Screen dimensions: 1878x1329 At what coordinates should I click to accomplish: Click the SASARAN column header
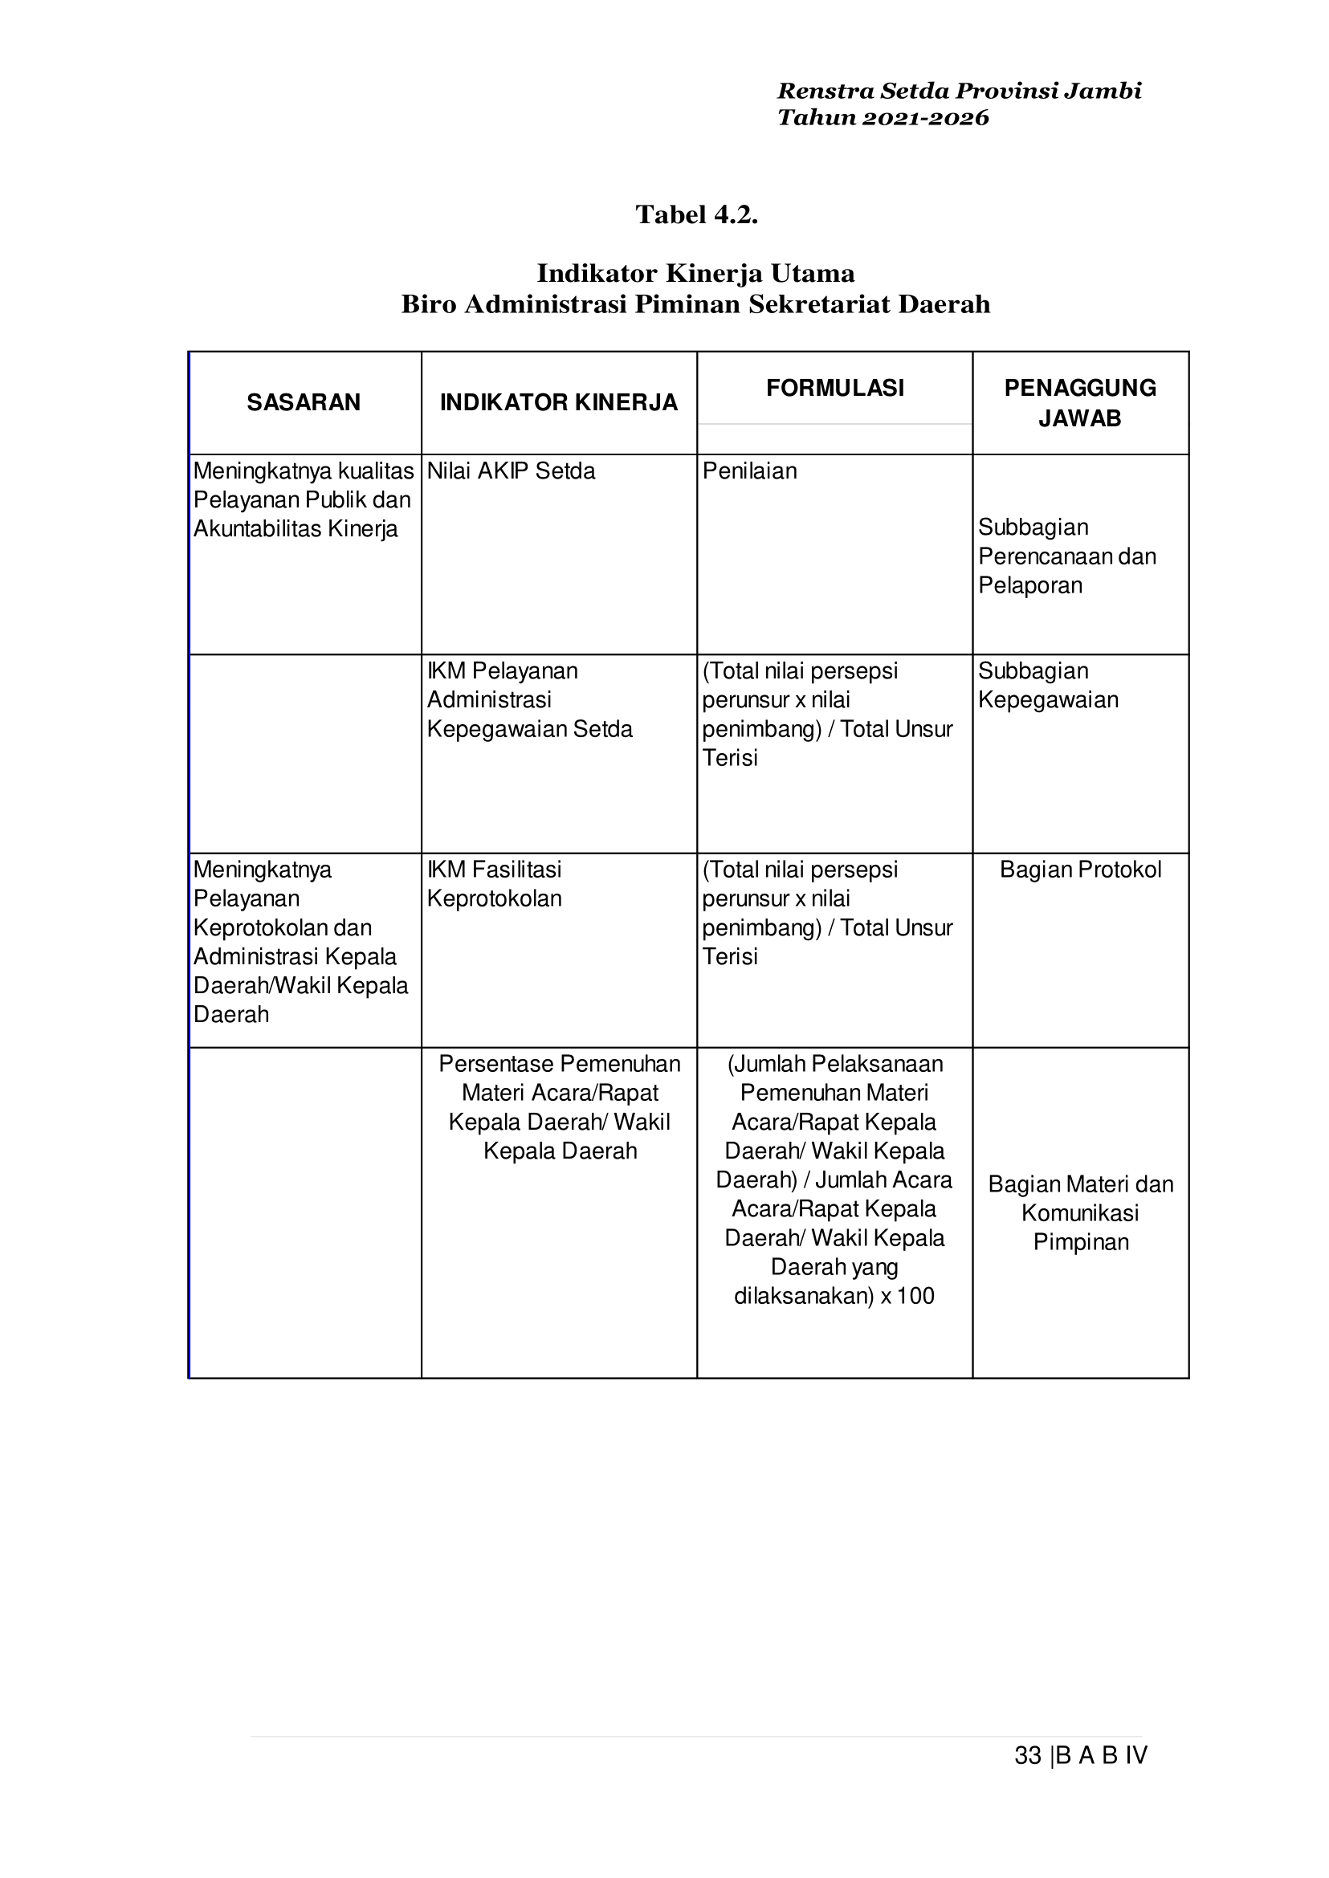click(304, 402)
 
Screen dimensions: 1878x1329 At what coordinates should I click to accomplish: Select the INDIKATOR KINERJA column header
click(559, 402)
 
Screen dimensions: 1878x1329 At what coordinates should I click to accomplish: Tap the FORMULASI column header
click(834, 388)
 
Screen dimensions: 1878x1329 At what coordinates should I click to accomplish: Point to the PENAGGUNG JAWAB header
click(1080, 402)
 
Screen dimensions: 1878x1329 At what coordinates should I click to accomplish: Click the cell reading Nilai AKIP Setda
click(512, 471)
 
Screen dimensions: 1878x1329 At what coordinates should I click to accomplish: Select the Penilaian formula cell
click(749, 471)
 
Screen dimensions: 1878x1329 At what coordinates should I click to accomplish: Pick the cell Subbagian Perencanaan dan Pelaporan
click(1067, 556)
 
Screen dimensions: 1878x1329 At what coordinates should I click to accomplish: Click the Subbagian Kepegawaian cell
click(1048, 686)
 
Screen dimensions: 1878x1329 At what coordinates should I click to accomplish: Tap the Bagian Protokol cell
click(1080, 870)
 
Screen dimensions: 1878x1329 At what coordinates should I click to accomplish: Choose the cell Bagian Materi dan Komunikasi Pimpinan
click(1080, 1212)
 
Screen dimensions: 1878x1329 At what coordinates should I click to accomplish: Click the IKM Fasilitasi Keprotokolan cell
click(495, 885)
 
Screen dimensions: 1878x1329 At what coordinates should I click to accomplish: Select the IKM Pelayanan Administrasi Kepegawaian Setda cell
click(529, 700)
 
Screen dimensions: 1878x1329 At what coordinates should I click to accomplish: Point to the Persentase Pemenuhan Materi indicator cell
click(560, 1107)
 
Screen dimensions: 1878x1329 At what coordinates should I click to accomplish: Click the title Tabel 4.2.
click(696, 215)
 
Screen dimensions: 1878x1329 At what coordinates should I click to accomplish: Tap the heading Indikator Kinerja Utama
click(695, 273)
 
